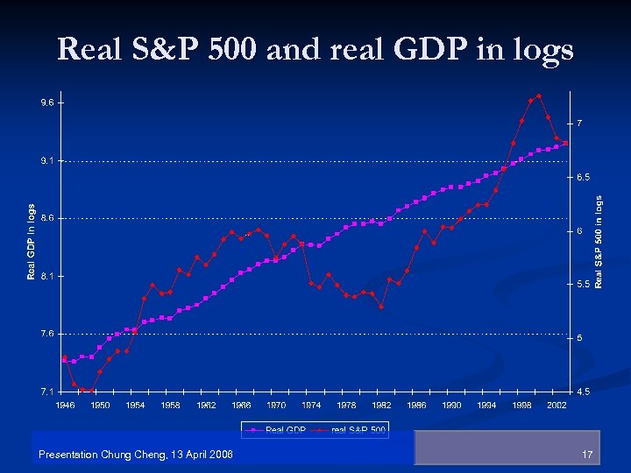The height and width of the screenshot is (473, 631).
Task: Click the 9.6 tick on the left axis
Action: click(x=46, y=102)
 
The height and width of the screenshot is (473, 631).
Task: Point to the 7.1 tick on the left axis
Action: click(x=46, y=391)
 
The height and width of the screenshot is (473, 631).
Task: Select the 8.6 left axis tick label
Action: click(x=46, y=218)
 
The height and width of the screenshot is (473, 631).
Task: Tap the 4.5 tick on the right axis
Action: click(x=581, y=391)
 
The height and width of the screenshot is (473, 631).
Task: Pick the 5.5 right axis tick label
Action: click(x=581, y=285)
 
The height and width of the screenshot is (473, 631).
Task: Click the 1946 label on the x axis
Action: click(x=65, y=406)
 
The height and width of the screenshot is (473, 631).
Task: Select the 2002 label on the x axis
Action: click(x=557, y=406)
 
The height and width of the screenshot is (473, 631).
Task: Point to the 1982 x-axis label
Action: click(x=381, y=406)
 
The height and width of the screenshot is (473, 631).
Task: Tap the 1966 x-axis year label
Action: click(x=241, y=406)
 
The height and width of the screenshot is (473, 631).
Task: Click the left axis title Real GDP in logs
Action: click(x=32, y=243)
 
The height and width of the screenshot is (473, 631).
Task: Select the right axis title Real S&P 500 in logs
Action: click(x=599, y=243)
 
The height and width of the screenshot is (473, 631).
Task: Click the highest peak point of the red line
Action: click(x=539, y=95)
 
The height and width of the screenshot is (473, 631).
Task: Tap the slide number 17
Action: click(x=587, y=454)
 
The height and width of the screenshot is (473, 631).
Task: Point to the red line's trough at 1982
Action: click(x=381, y=307)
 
